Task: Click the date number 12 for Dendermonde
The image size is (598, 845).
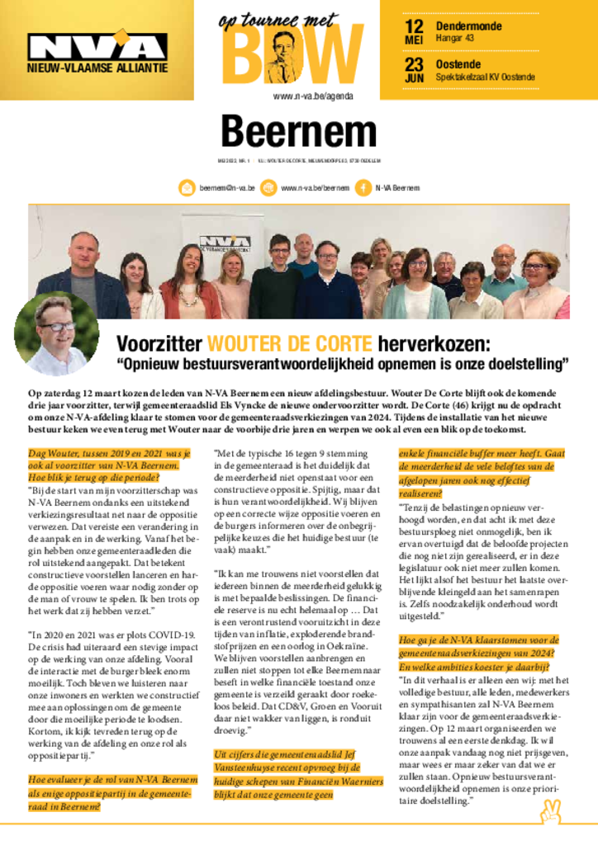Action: (414, 26)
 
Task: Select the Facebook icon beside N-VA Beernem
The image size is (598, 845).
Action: (361, 188)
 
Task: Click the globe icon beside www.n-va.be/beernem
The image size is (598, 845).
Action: (268, 188)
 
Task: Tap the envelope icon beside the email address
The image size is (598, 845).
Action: (187, 188)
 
